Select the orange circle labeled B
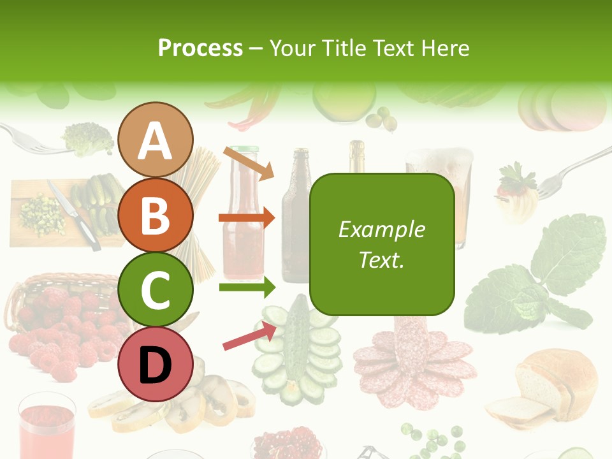tap(156, 215)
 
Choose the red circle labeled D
tap(156, 363)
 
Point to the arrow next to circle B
tap(247, 218)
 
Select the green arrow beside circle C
tap(247, 288)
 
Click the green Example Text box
tap(382, 245)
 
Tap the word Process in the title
tap(200, 48)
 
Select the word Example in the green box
tap(382, 229)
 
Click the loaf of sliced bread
tap(548, 389)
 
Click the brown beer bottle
tap(295, 217)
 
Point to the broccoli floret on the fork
tap(88, 138)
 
